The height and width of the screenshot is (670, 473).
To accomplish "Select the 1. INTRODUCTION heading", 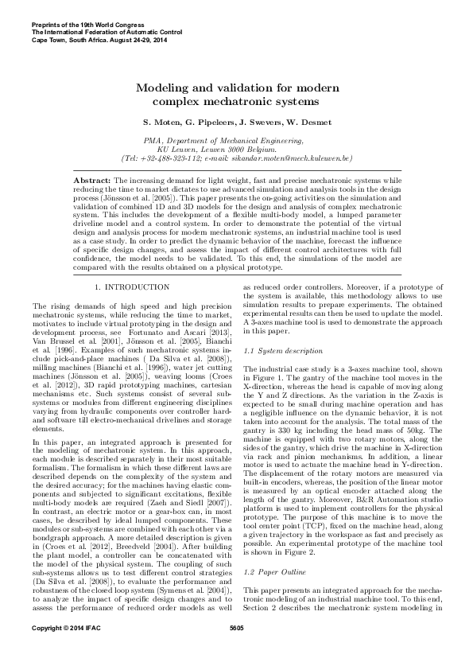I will pyautogui.click(x=131, y=286).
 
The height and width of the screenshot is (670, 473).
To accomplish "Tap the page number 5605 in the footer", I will pyautogui.click(x=236, y=652).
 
